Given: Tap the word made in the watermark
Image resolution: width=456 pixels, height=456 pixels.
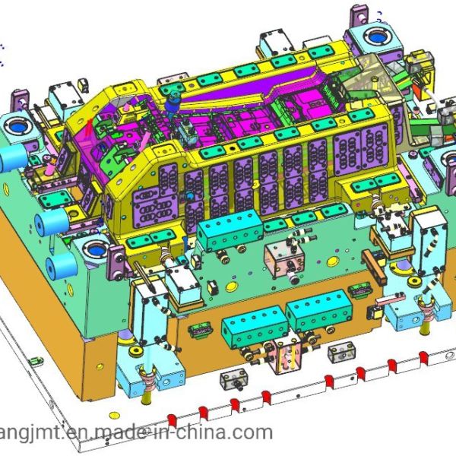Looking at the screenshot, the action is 123,432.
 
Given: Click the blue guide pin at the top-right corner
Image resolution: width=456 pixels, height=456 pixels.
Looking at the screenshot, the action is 377,37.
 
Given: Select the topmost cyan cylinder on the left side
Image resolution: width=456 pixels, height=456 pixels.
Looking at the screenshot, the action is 13,157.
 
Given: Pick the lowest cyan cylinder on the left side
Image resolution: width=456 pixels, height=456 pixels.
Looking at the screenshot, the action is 61,266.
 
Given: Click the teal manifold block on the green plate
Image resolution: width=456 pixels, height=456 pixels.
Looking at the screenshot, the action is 230,230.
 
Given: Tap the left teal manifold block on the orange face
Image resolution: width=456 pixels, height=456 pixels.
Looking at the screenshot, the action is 255,327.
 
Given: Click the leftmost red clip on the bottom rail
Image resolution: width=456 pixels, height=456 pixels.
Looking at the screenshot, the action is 173,420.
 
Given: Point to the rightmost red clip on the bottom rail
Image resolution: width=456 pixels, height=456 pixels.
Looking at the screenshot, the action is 423,358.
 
